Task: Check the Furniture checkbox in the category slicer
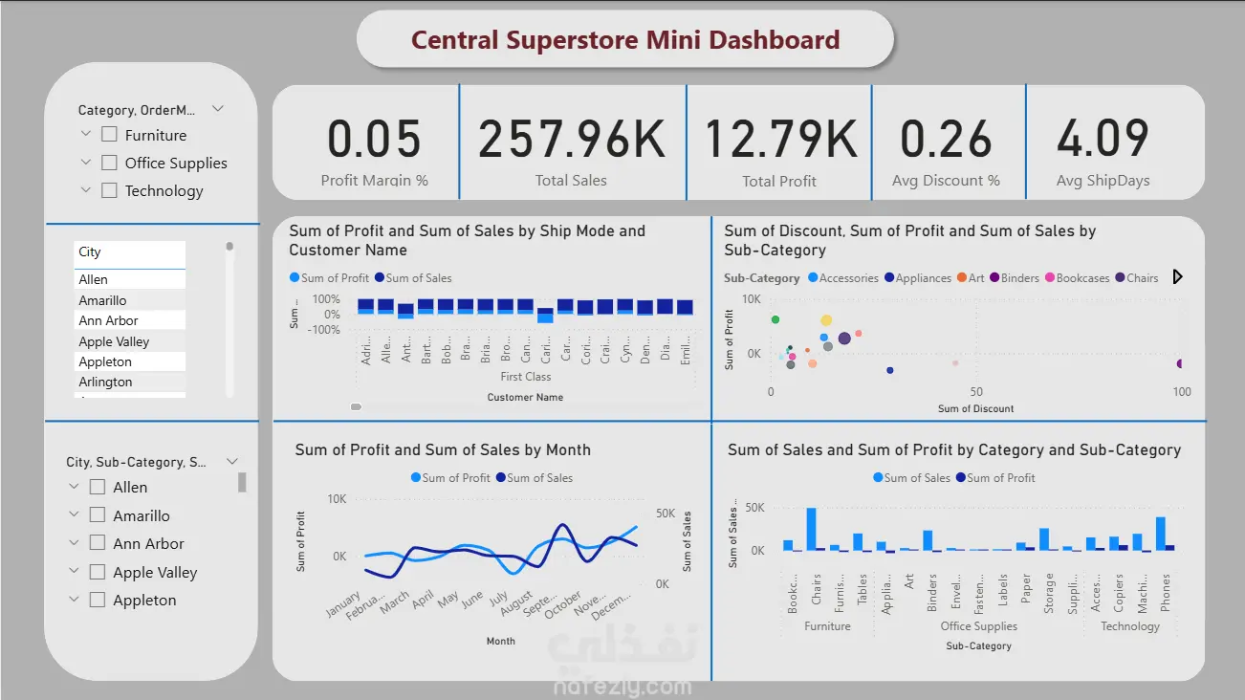(x=109, y=135)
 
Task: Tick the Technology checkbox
(x=109, y=190)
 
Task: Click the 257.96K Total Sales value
(x=571, y=139)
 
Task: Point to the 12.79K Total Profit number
(x=779, y=139)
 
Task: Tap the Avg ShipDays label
(x=1103, y=181)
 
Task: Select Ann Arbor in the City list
(x=108, y=320)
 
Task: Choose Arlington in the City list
(x=105, y=382)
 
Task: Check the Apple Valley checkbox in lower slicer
(x=97, y=572)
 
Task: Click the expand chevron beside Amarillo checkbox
(x=74, y=514)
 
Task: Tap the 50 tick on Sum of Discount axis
(x=975, y=392)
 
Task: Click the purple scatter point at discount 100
(x=1181, y=363)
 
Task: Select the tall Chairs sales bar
(x=812, y=529)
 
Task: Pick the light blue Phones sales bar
(x=1161, y=533)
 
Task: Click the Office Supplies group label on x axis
(x=978, y=626)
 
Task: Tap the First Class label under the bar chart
(x=525, y=377)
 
